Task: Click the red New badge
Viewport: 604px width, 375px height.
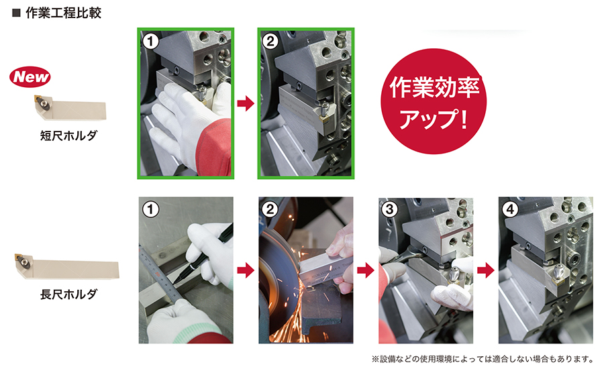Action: [30, 76]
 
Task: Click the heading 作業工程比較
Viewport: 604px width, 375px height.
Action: [63, 13]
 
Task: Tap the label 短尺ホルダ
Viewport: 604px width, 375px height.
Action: [68, 136]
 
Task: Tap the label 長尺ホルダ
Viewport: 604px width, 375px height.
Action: [68, 294]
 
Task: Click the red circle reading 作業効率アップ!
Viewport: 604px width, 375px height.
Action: [434, 101]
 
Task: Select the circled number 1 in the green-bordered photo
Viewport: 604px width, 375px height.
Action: [150, 41]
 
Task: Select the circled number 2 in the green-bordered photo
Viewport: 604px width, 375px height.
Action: [270, 41]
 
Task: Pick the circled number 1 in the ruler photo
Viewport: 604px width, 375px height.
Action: [150, 209]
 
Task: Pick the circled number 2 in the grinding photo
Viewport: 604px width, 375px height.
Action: [270, 209]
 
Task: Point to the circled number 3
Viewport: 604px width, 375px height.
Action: [390, 209]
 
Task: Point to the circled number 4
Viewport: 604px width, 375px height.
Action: [511, 209]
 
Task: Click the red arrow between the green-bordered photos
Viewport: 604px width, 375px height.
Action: [246, 103]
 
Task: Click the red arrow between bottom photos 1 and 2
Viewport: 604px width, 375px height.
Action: [246, 270]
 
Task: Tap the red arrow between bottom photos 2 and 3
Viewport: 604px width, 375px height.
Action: [366, 270]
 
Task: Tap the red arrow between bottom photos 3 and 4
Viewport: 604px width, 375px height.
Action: [486, 270]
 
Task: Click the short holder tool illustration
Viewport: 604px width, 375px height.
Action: [69, 107]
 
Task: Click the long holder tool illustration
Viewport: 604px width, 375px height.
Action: [67, 266]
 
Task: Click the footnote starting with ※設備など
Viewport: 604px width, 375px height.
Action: [483, 359]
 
